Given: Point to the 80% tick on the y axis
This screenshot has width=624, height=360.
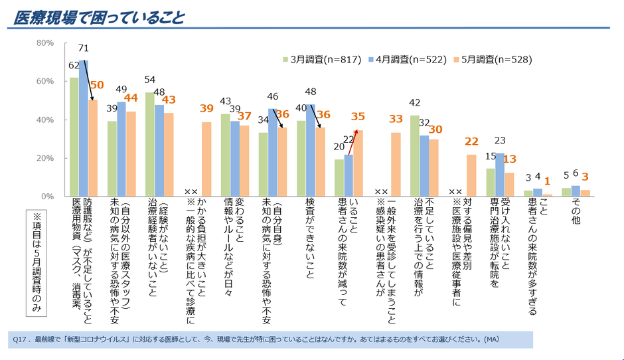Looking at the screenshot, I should [x=44, y=43].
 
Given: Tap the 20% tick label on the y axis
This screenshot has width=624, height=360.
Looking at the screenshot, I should [x=44, y=159].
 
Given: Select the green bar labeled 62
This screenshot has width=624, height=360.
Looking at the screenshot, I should [x=74, y=137].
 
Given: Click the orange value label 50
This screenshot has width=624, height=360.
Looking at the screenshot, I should [x=97, y=85].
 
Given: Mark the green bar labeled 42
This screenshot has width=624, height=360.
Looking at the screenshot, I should [x=415, y=156].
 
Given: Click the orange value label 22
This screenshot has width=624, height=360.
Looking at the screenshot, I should [x=471, y=141].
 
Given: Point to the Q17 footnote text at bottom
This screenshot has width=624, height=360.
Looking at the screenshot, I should [x=256, y=339].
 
